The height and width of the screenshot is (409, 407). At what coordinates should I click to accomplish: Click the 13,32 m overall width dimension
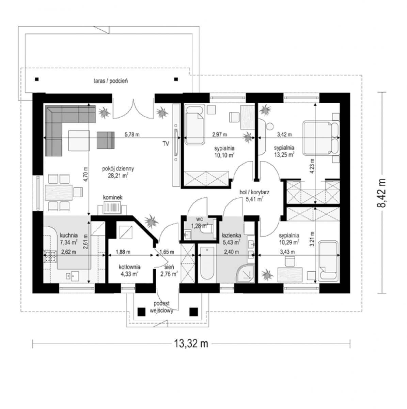pyautogui.click(x=191, y=343)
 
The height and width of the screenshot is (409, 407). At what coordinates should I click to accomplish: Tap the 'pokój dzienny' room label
pyautogui.click(x=118, y=169)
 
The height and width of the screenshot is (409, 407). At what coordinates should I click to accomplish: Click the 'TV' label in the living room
pyautogui.click(x=166, y=144)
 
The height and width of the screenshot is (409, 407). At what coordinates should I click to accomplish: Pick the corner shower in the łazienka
pyautogui.click(x=245, y=273)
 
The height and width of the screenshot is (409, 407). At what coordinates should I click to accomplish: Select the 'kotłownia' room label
pyautogui.click(x=129, y=267)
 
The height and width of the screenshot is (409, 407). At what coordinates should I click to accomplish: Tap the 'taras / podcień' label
pyautogui.click(x=111, y=81)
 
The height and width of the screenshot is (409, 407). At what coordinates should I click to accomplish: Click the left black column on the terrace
pyautogui.click(x=37, y=79)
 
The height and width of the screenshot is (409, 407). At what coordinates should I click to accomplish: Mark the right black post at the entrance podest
pyautogui.click(x=193, y=312)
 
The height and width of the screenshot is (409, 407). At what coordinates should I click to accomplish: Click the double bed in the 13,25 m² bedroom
pyautogui.click(x=321, y=138)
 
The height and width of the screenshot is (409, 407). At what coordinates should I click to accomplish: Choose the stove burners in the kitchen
pyautogui.click(x=50, y=256)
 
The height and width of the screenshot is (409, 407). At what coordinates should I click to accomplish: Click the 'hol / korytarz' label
pyautogui.click(x=254, y=192)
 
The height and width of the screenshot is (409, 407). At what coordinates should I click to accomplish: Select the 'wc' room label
pyautogui.click(x=200, y=219)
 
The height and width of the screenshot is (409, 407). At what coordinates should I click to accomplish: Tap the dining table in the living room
pyautogui.click(x=59, y=193)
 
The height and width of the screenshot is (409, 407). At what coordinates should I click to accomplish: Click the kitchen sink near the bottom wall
pyautogui.click(x=72, y=276)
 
